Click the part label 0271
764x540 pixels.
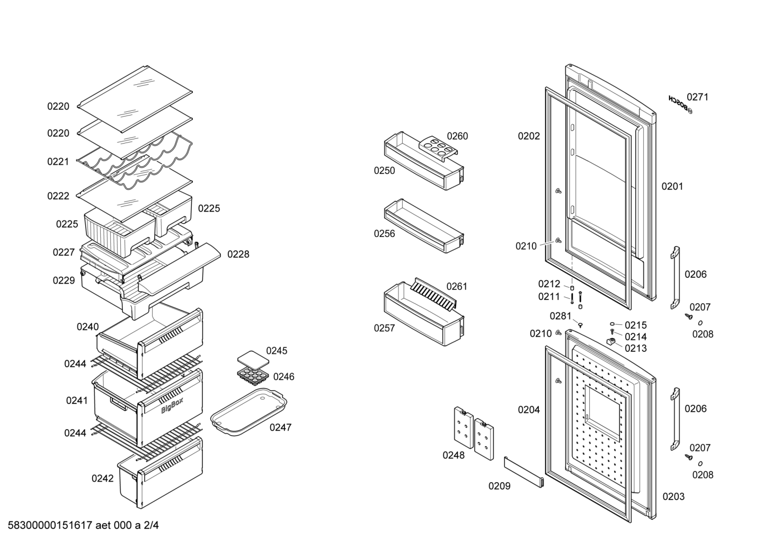point(697,97)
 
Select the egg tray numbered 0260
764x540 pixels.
point(438,149)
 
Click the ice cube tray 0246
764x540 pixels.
point(254,376)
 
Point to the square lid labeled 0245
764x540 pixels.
point(253,359)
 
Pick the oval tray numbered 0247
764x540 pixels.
point(248,411)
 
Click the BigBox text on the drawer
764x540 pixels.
point(172,405)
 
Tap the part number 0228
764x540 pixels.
point(238,254)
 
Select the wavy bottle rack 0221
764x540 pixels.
point(135,161)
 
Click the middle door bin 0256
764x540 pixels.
point(424,225)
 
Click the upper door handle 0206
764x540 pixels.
point(675,278)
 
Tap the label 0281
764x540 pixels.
point(561,316)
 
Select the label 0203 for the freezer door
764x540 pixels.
point(673,497)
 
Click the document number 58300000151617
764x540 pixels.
point(50,525)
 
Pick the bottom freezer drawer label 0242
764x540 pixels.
point(102,478)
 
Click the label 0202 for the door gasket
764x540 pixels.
point(529,136)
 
